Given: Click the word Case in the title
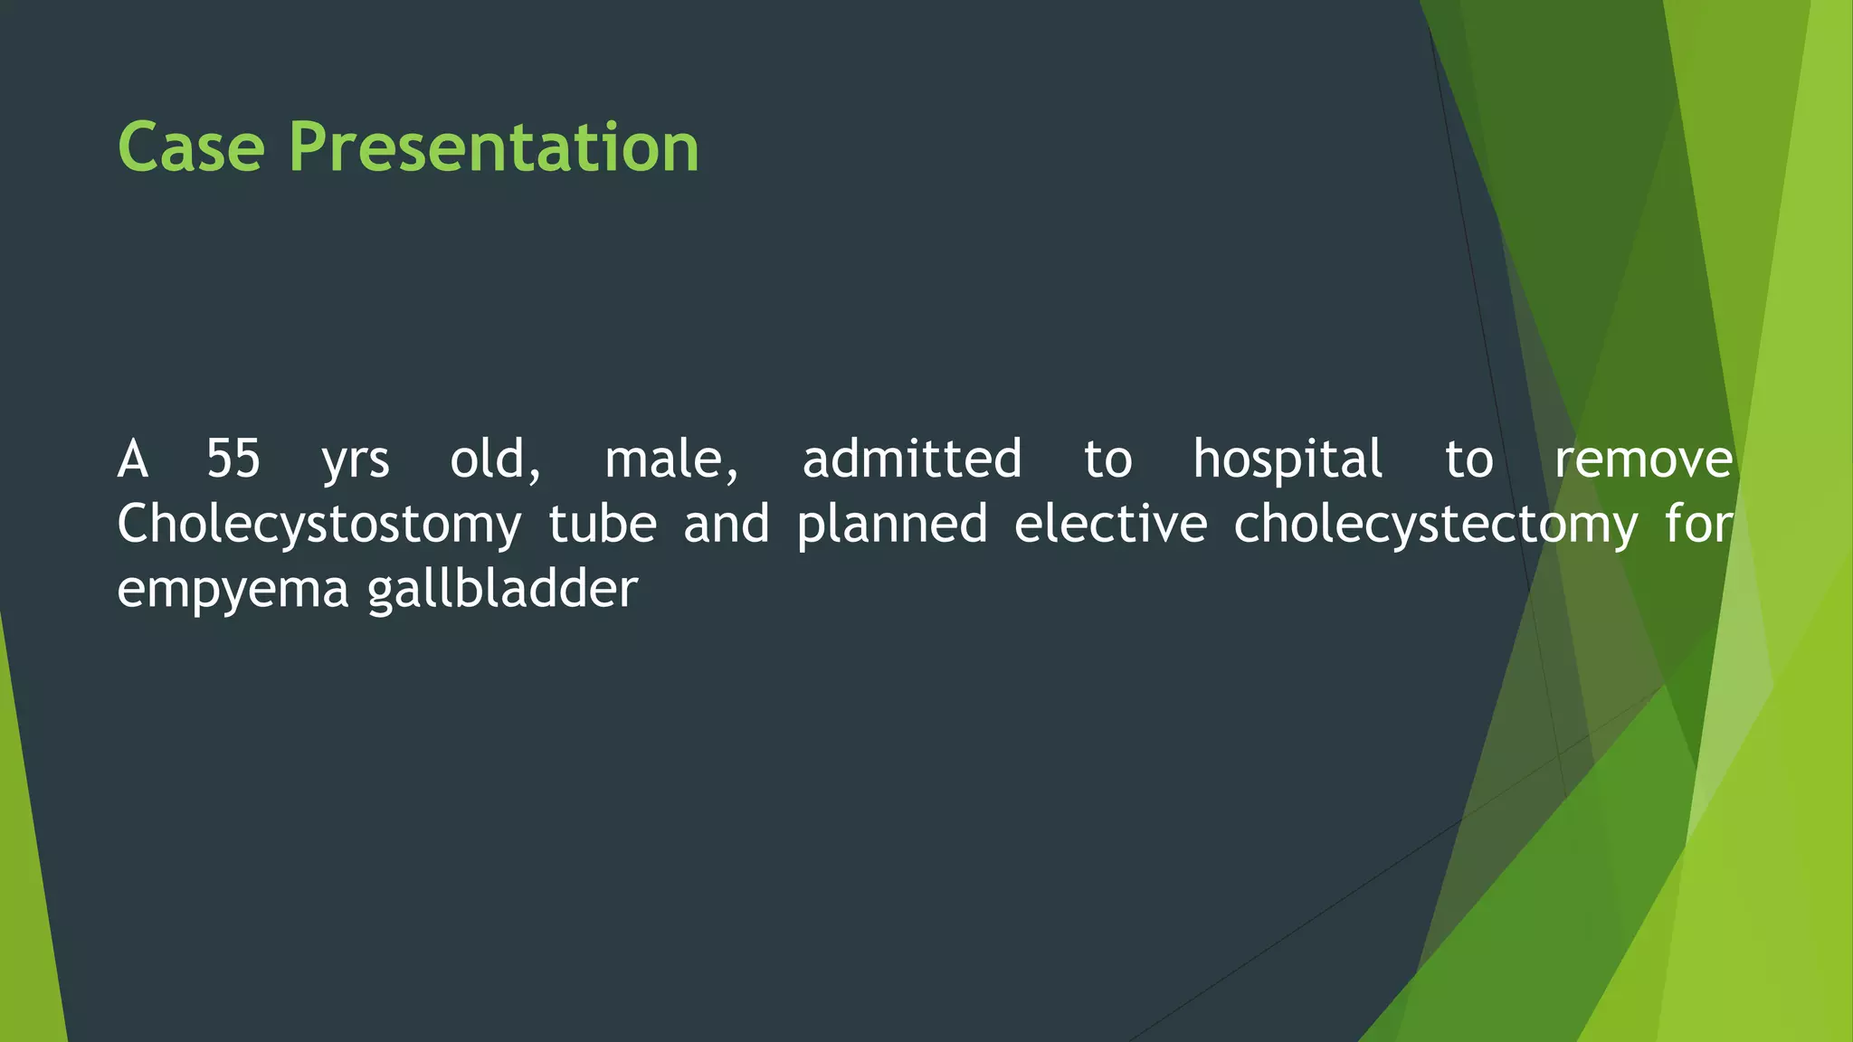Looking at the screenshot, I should pyautogui.click(x=191, y=147).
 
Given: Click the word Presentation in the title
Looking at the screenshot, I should pyautogui.click(x=493, y=147).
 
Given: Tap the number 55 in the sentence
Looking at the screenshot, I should pyautogui.click(x=233, y=459).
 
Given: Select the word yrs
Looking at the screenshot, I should pyautogui.click(x=356, y=461).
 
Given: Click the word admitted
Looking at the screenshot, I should pyautogui.click(x=912, y=459).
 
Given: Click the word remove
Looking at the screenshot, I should pyautogui.click(x=1643, y=460).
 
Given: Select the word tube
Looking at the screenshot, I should pyautogui.click(x=603, y=524).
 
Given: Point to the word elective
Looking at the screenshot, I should pyautogui.click(x=1110, y=524).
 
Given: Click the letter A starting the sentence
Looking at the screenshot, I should pyautogui.click(x=133, y=459).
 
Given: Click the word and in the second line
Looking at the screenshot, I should pyautogui.click(x=726, y=524).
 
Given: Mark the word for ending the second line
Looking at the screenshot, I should pyautogui.click(x=1699, y=524).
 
